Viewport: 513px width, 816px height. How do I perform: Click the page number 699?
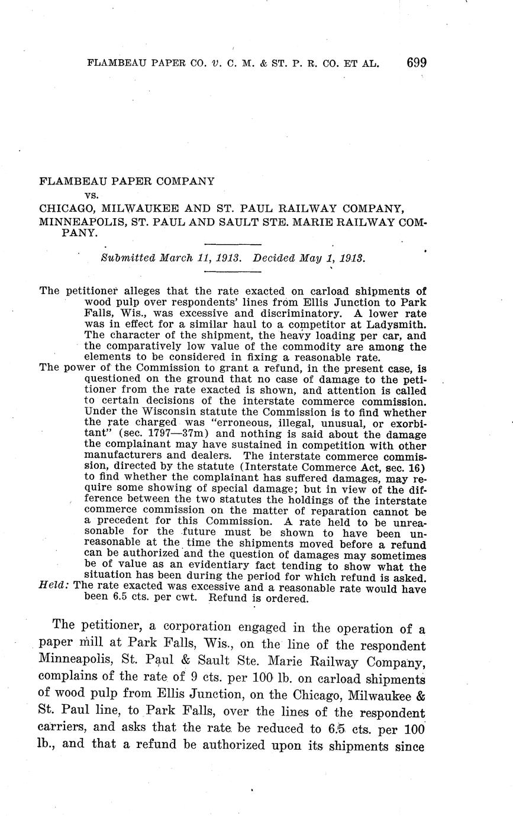(x=417, y=63)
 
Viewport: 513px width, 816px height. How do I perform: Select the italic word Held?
(x=53, y=587)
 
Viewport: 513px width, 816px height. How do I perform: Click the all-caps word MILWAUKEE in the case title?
(x=142, y=208)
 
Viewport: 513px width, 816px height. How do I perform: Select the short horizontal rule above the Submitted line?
(x=233, y=244)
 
